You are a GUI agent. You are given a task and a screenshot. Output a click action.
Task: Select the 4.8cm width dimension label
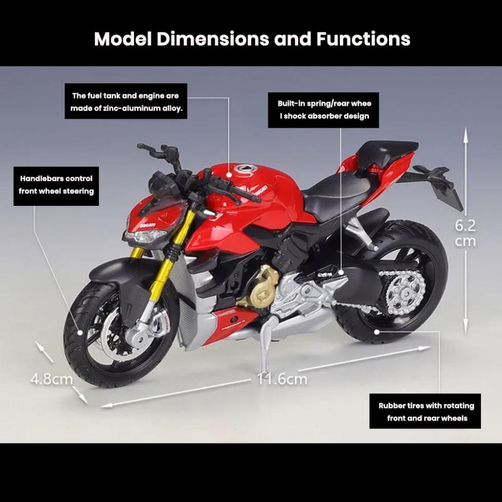[x=51, y=379]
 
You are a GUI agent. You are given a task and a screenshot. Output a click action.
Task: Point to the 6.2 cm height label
[x=466, y=233]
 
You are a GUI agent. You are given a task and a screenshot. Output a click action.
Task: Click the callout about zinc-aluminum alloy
[x=126, y=102]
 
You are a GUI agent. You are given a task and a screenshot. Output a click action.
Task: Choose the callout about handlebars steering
[x=56, y=185]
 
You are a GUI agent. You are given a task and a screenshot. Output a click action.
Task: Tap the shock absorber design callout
[x=324, y=110]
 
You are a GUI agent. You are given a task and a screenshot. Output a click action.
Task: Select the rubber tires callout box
[x=426, y=411]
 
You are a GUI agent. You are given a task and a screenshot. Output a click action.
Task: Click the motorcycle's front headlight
[x=145, y=238]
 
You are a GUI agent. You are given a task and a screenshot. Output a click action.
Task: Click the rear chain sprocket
[x=401, y=291]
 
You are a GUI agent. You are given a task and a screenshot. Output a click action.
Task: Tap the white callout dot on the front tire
[x=80, y=333]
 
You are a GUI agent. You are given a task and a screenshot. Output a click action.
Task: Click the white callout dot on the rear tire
[x=377, y=332]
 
